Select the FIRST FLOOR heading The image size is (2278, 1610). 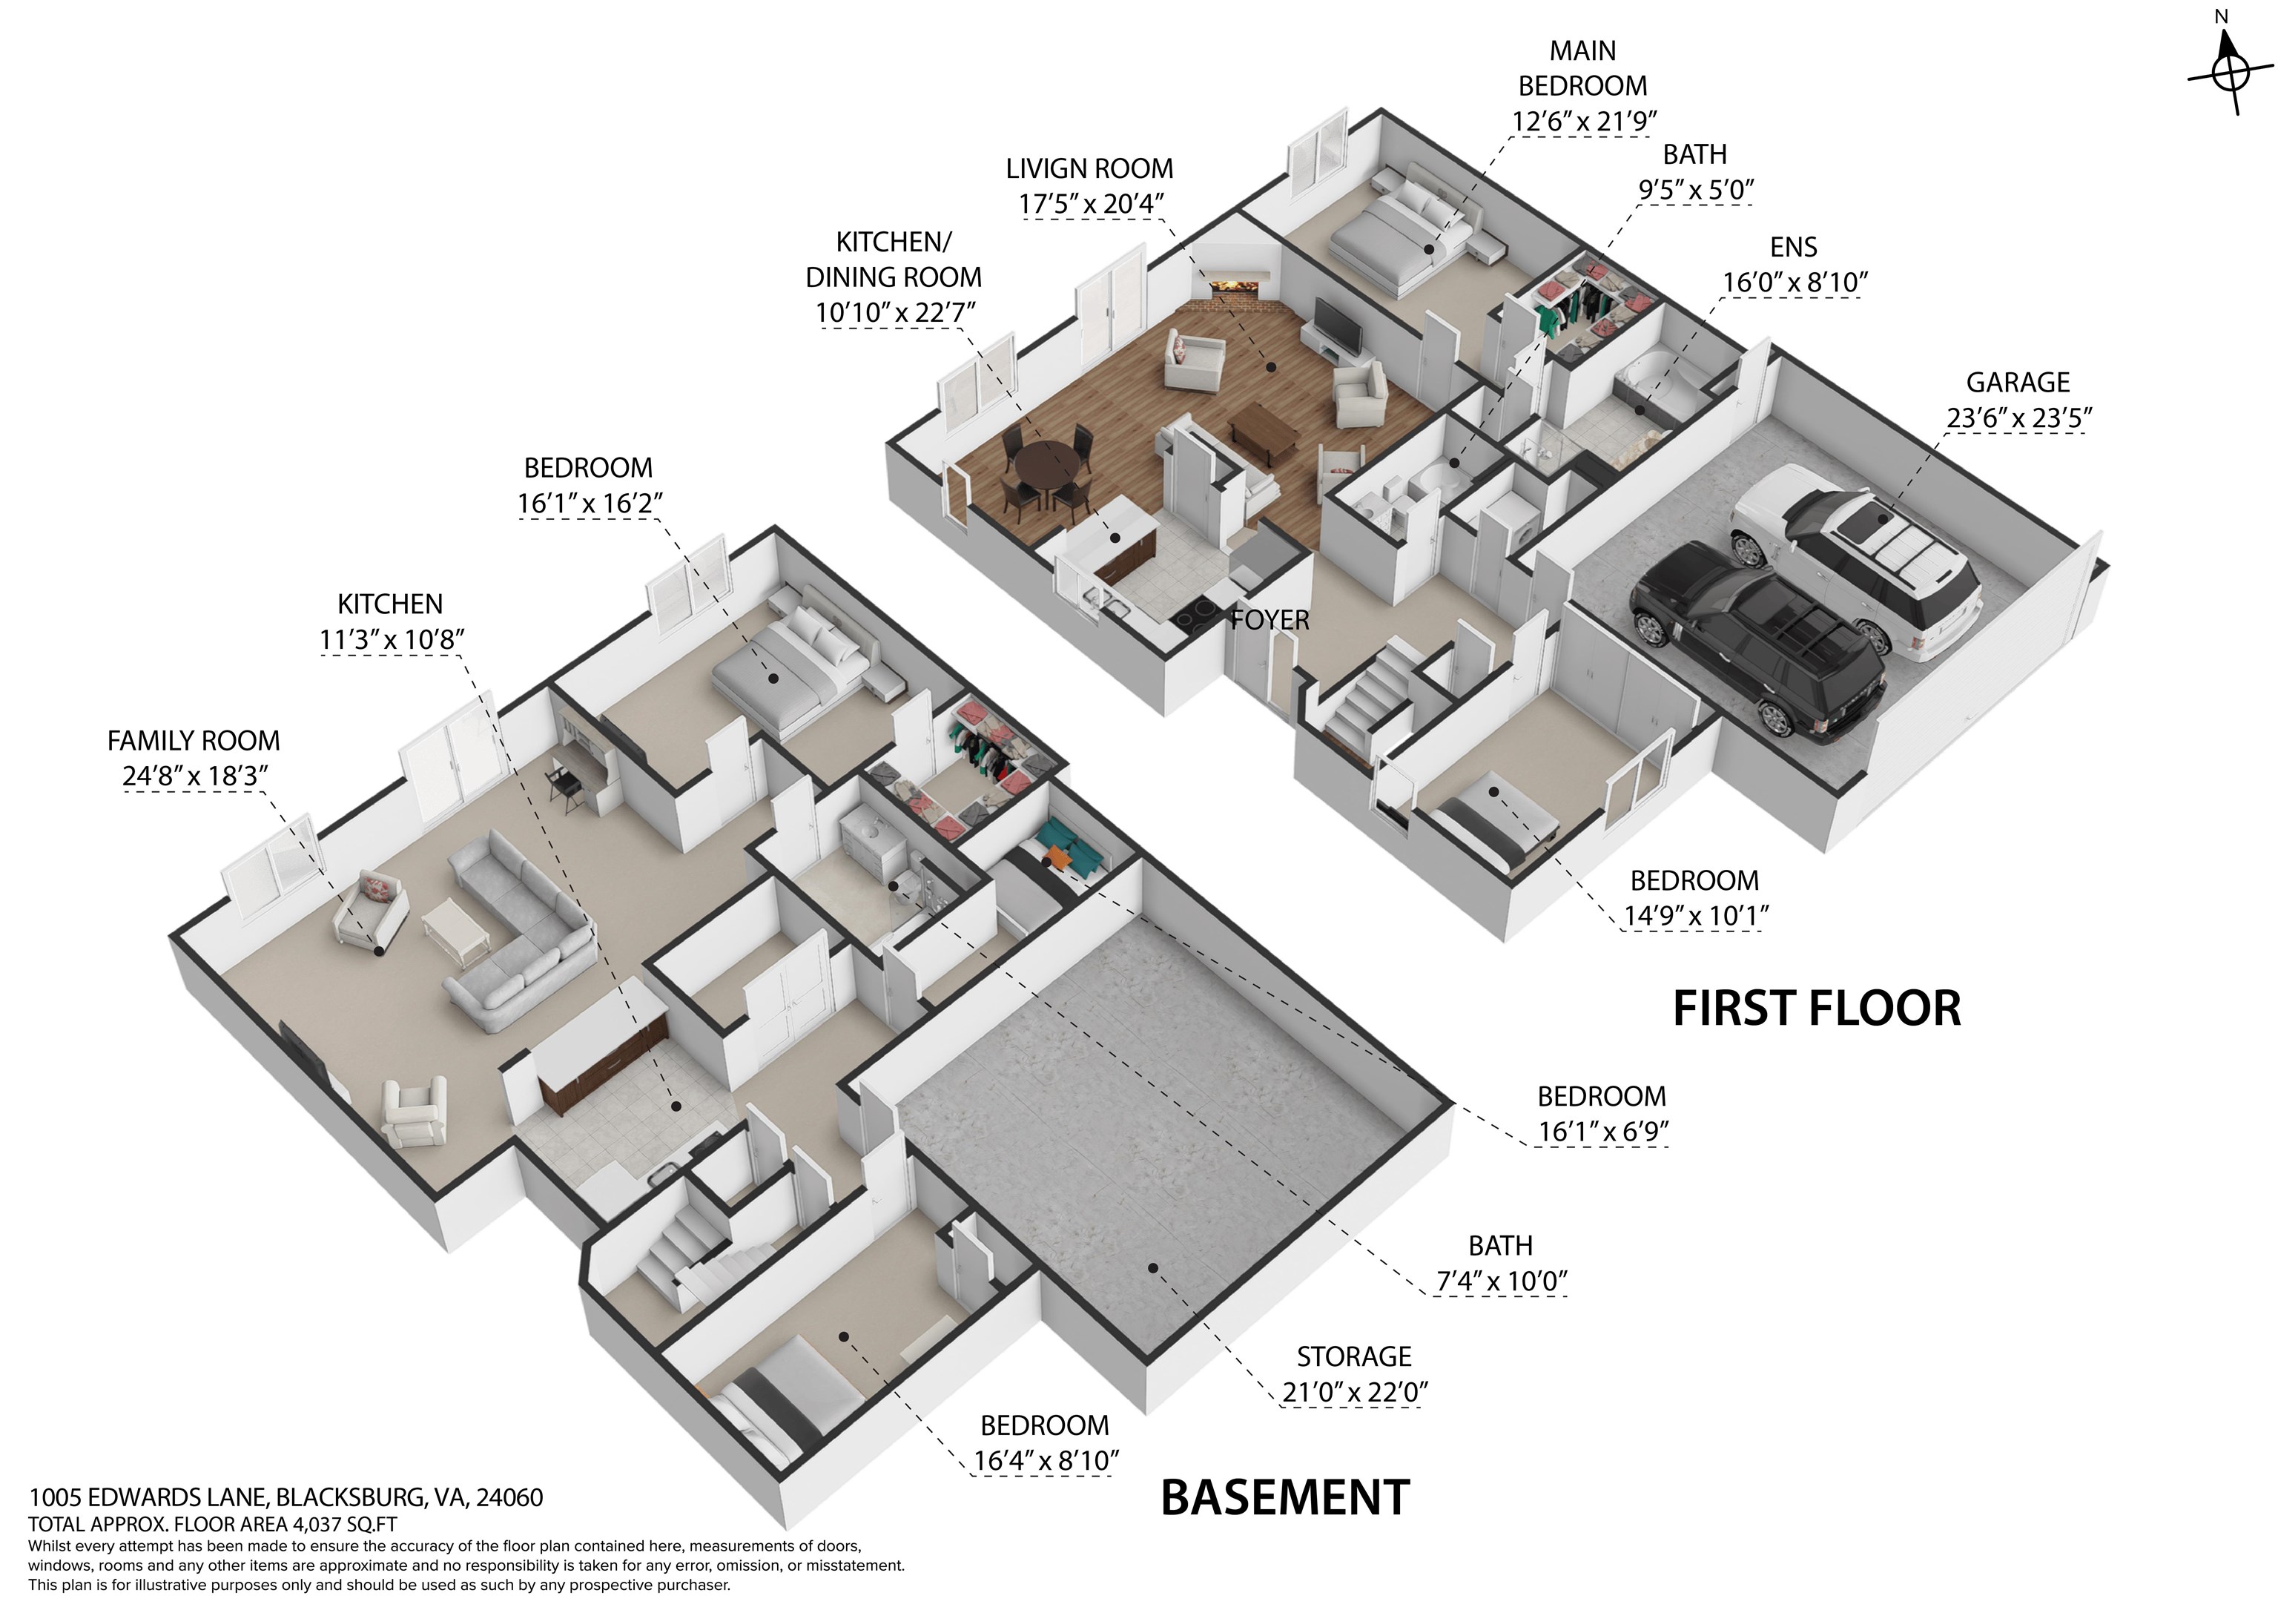click(1816, 1009)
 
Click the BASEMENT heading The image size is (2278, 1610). click(1285, 1498)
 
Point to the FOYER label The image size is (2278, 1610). click(1270, 621)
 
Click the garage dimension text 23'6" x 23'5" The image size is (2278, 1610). click(2018, 418)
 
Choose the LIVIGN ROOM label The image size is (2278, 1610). click(1089, 168)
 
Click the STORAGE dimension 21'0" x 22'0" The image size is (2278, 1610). click(1354, 1393)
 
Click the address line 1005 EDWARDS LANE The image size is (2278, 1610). click(285, 1497)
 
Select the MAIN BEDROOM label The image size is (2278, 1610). click(1582, 67)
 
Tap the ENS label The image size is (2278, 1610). click(1794, 247)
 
